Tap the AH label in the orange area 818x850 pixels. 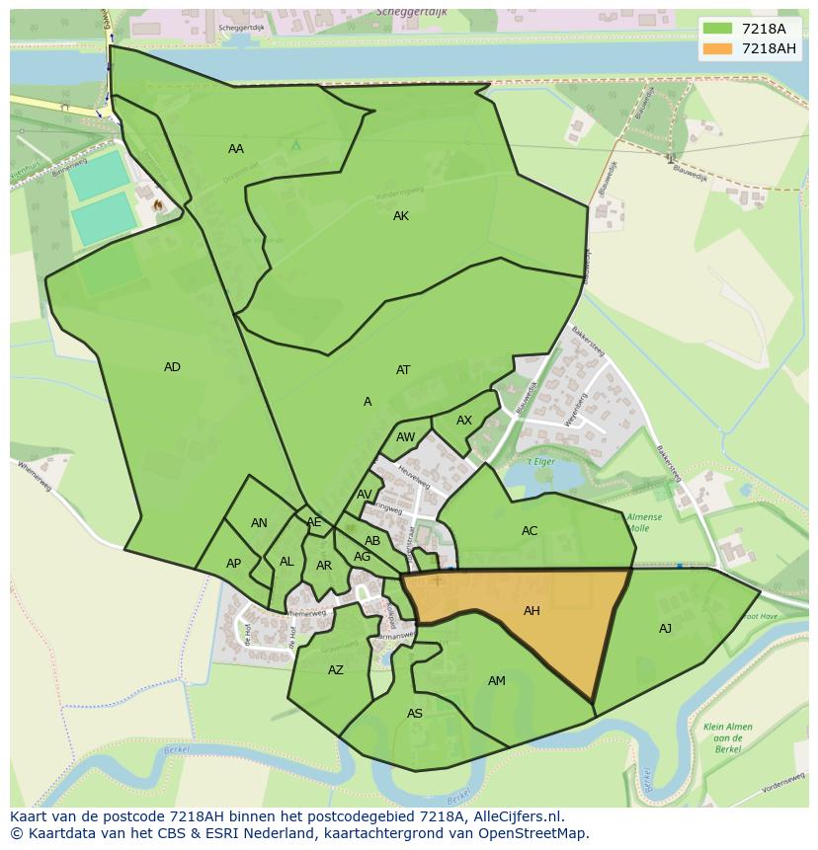532,611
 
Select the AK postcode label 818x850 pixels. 401,216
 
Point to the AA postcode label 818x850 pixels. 236,149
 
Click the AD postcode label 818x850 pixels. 172,367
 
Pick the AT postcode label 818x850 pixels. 403,370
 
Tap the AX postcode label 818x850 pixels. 464,421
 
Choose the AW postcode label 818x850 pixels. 405,437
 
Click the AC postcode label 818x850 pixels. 530,531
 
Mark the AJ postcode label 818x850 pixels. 665,629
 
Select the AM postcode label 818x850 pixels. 497,681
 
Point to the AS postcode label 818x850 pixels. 415,714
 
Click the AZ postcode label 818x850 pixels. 336,670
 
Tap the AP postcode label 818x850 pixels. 233,564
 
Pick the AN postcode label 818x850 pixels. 259,523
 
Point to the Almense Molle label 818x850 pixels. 644,521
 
